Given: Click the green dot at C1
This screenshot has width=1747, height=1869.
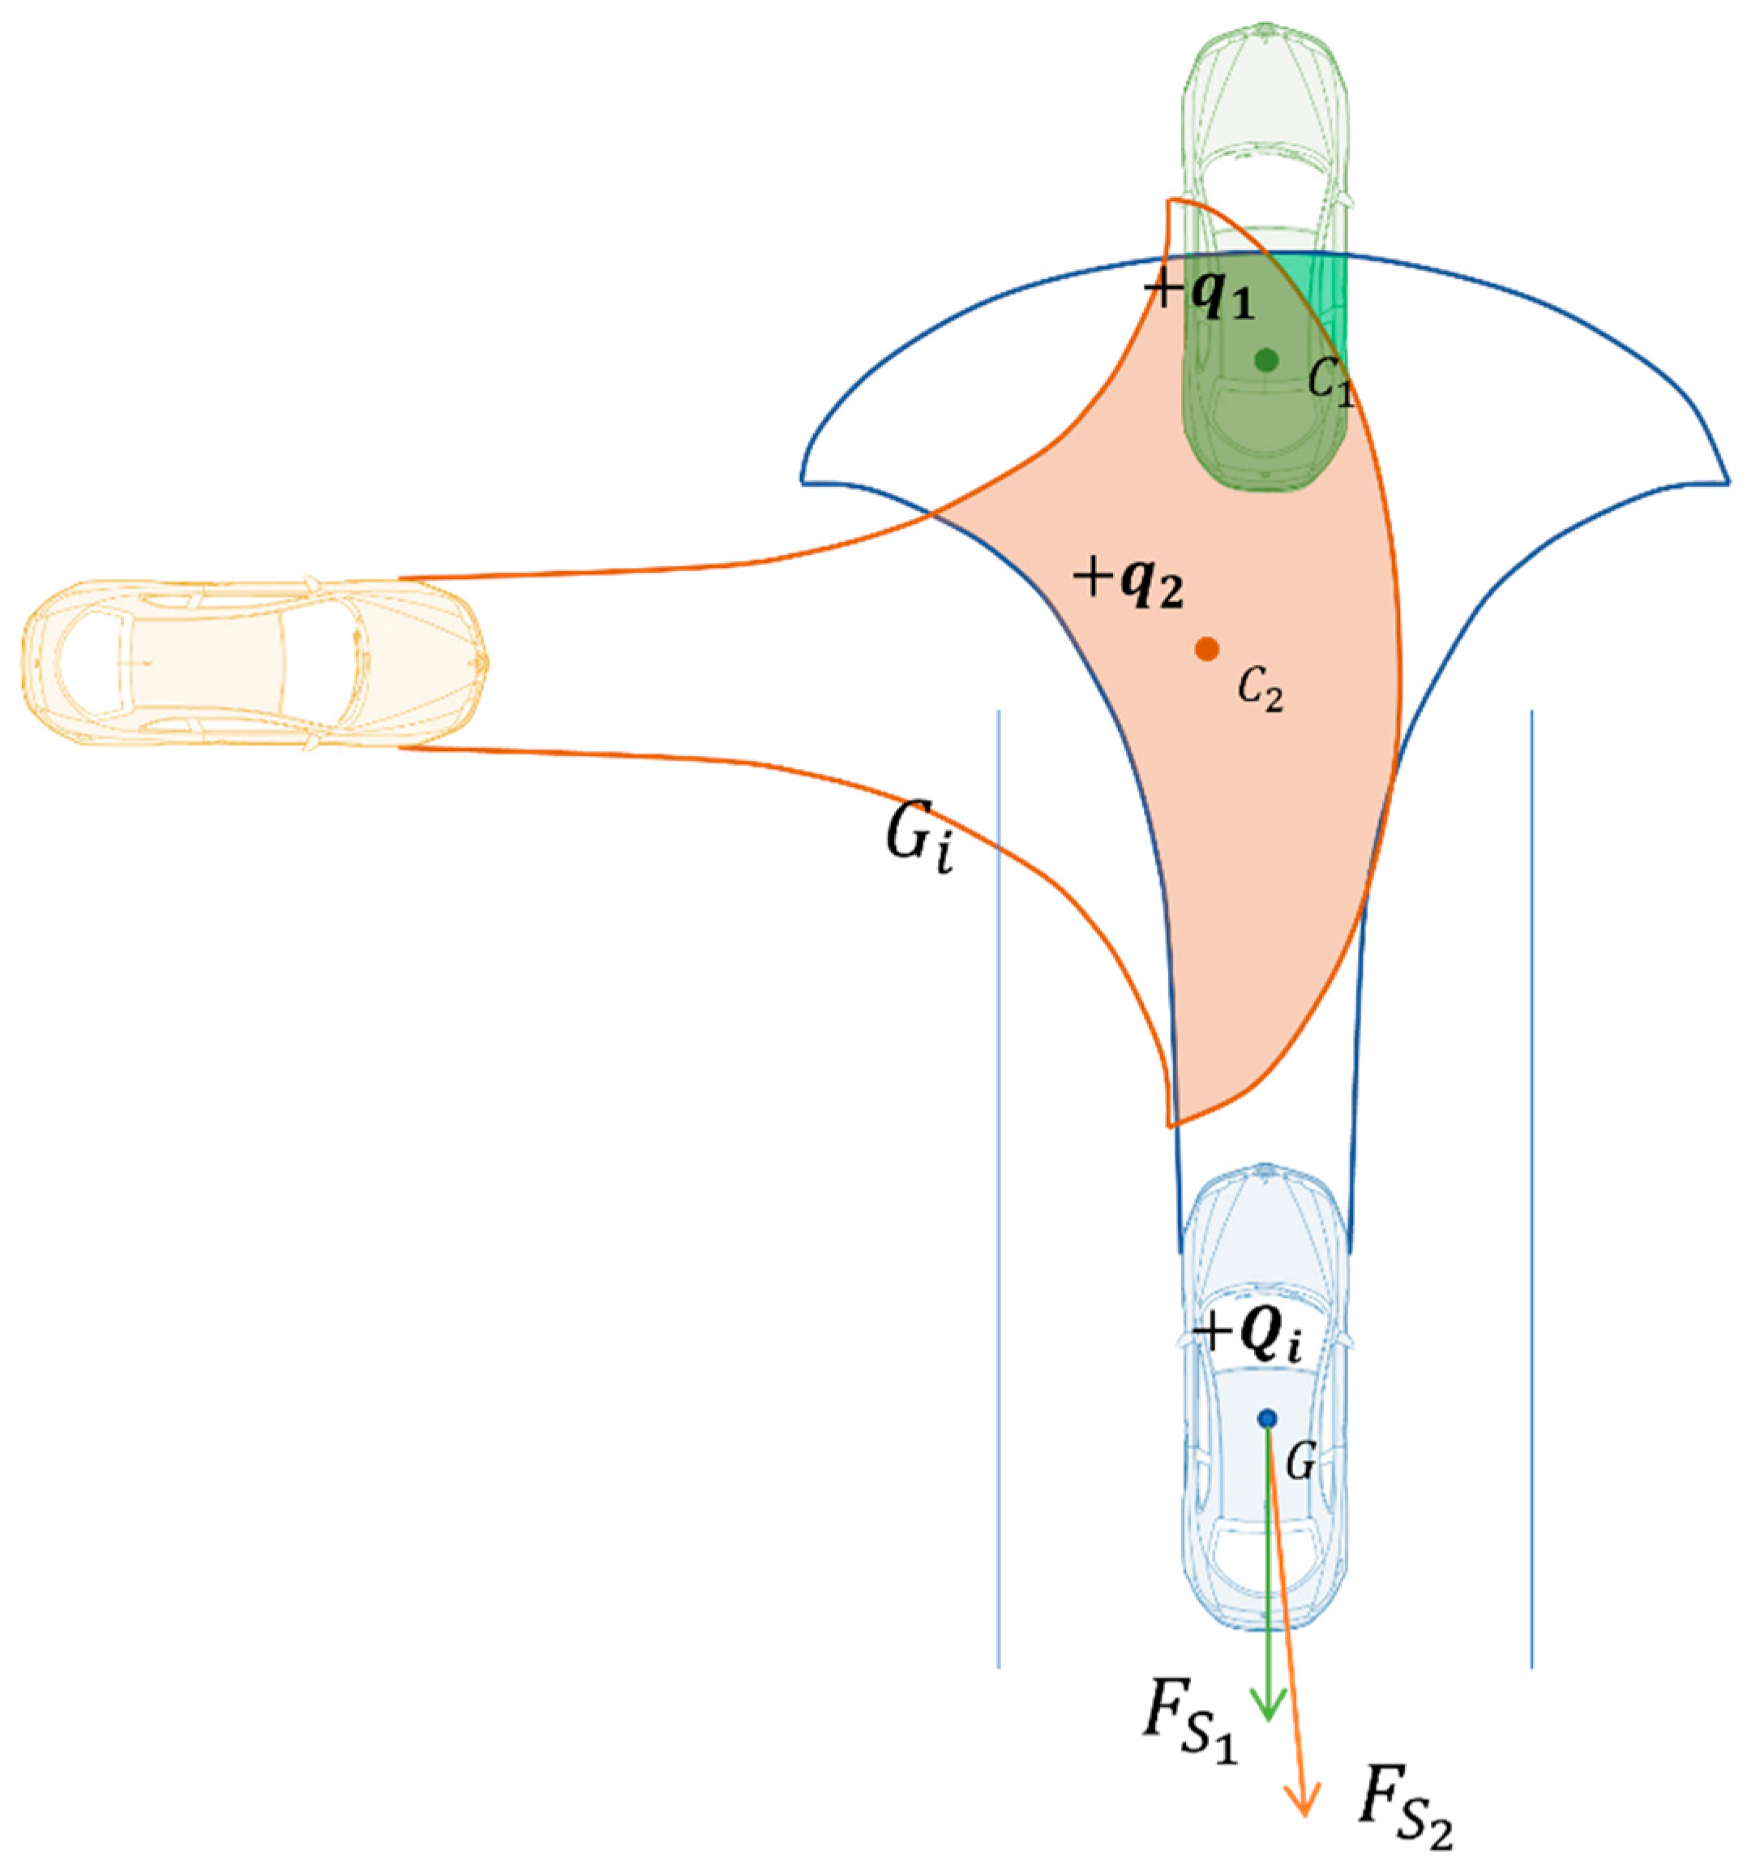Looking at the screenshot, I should click(x=1265, y=359).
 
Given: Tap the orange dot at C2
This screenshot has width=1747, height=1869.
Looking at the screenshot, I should click(x=1206, y=648).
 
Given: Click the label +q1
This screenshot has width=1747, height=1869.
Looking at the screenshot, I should click(x=1199, y=294).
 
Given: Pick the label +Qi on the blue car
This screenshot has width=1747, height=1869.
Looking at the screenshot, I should click(x=1247, y=1335).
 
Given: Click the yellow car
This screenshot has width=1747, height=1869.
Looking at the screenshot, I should click(x=254, y=664).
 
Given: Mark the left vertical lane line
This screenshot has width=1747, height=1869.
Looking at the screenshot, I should click(x=998, y=1175).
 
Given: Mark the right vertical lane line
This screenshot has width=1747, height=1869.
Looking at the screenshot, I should click(x=1532, y=1175).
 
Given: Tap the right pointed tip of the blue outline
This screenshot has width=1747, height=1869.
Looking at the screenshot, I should click(x=1728, y=481).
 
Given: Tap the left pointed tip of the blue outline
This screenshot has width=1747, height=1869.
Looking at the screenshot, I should click(x=803, y=481).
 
